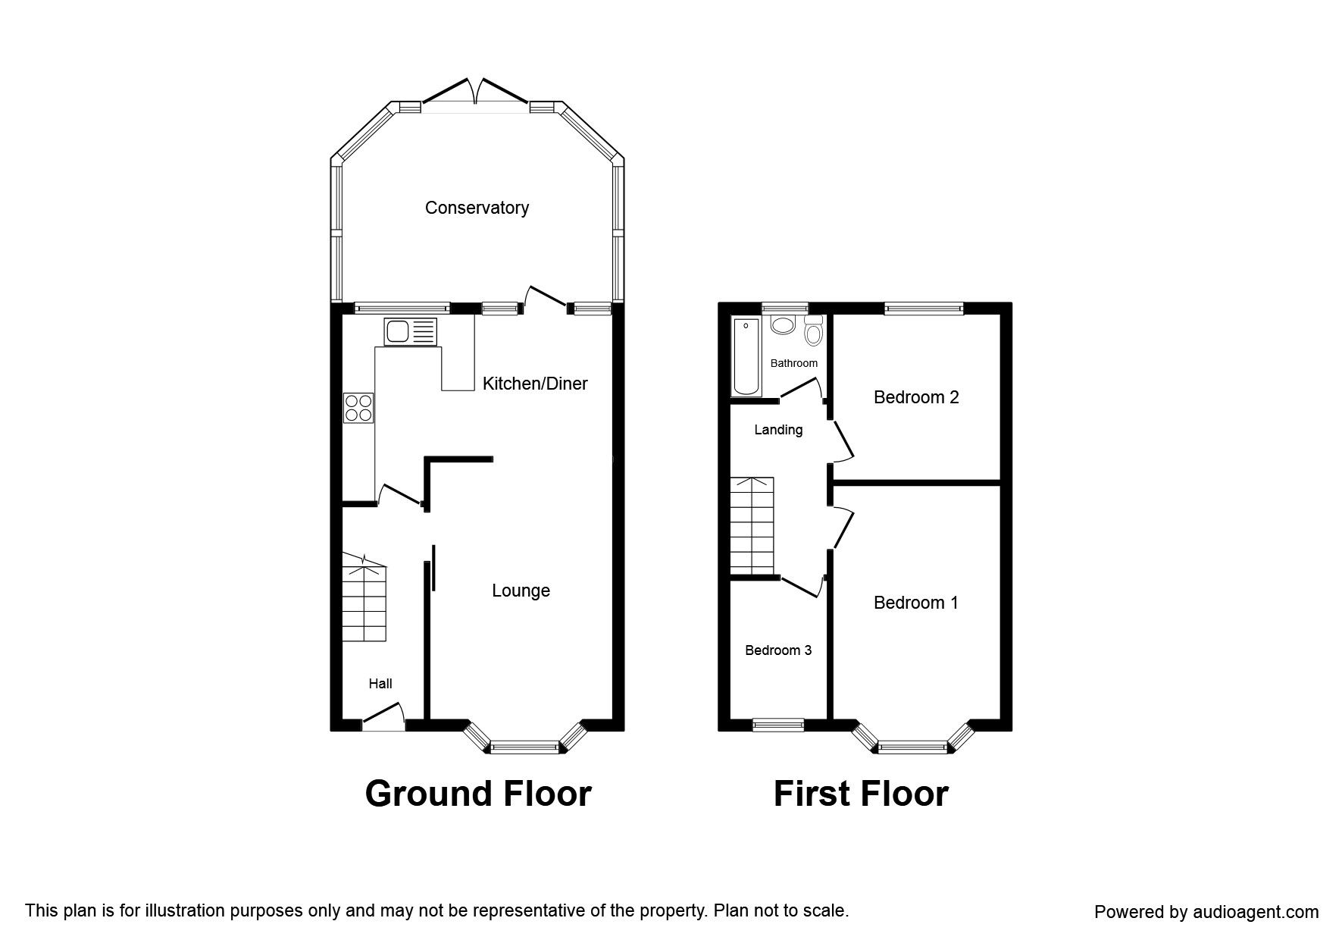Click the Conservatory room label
tap(477, 208)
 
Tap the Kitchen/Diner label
tap(535, 384)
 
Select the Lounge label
tap(521, 591)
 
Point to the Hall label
tap(380, 684)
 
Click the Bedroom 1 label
tap(916, 603)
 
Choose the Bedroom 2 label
tap(916, 397)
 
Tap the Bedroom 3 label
tap(778, 650)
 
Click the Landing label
tap(778, 430)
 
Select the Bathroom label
tap(794, 363)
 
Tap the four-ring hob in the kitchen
tap(358, 407)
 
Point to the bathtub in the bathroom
tap(746, 356)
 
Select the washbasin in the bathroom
tap(782, 325)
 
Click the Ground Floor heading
tap(478, 794)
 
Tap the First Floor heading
tap(861, 794)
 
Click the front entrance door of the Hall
tap(383, 717)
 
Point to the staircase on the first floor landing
tap(752, 525)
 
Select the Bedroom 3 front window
tap(778, 725)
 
